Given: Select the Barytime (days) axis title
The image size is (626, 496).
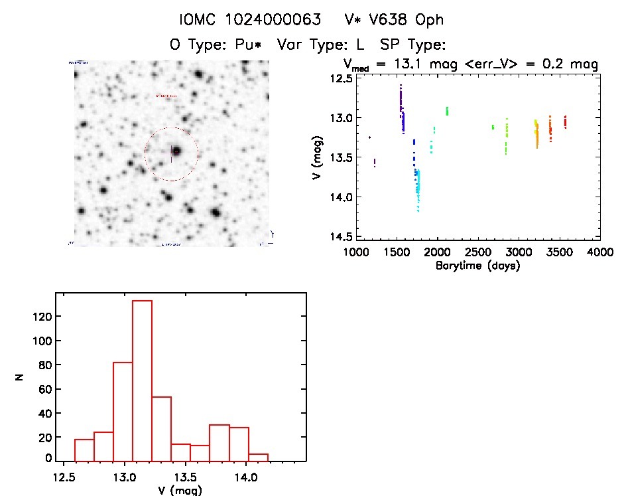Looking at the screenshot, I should [x=477, y=266].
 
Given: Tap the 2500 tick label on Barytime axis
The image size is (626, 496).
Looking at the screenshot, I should [x=477, y=253].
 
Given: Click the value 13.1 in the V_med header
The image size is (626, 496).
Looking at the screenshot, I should [x=414, y=64].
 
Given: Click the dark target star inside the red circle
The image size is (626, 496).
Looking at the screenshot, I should [x=176, y=151].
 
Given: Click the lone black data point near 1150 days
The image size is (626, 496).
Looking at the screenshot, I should [x=369, y=137].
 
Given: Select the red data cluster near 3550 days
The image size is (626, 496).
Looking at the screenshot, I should [x=565, y=122].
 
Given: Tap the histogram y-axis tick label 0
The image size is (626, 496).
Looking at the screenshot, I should [x=48, y=458].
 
